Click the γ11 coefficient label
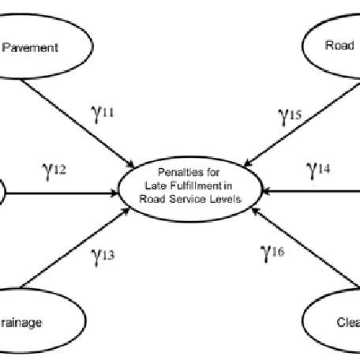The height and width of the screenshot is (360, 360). point(103,114)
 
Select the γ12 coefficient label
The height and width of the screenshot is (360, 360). point(56,169)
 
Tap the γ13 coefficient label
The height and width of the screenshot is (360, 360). point(103,255)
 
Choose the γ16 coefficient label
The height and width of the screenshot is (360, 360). point(272,252)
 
